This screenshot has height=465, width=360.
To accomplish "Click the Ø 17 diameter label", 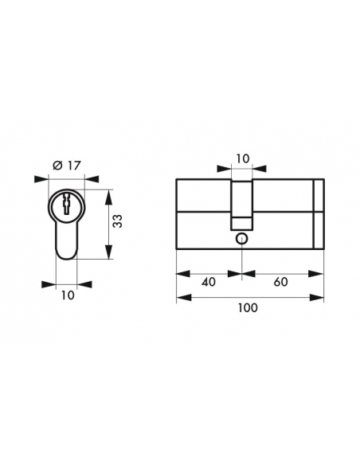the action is (x=67, y=166).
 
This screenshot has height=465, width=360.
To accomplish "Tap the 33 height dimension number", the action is (x=118, y=221).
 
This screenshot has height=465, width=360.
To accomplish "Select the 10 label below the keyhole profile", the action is (x=68, y=295).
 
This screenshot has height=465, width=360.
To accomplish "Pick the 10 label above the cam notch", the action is (x=243, y=158).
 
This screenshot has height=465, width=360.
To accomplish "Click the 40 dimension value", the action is (x=209, y=282).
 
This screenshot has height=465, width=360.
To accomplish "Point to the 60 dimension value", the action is (x=280, y=282).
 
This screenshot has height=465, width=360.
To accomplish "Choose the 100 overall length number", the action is (x=248, y=308).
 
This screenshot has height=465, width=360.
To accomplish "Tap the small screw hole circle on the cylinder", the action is (x=242, y=238).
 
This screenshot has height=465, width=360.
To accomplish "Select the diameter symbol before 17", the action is (x=57, y=166).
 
